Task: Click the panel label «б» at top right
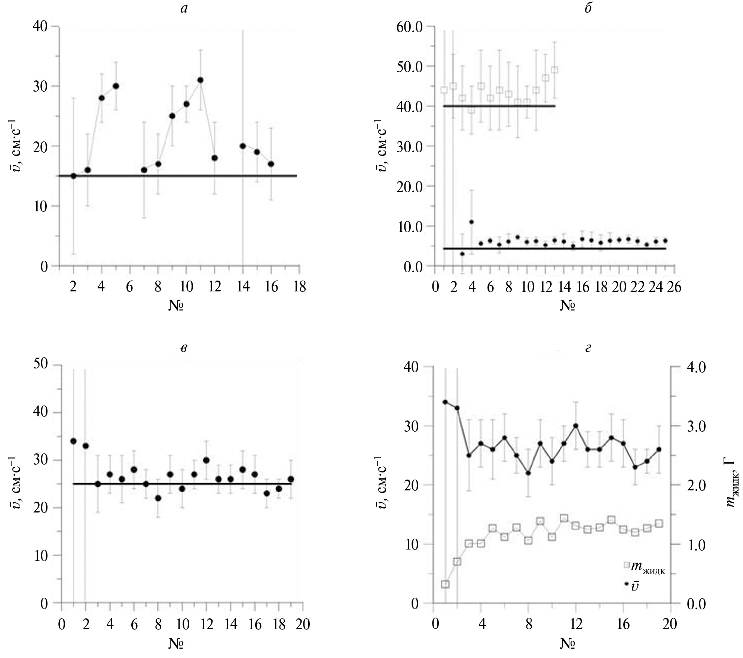pyautogui.click(x=588, y=8)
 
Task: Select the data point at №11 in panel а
pyautogui.click(x=200, y=80)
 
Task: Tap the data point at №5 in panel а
pyautogui.click(x=116, y=86)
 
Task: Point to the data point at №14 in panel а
pyautogui.click(x=243, y=146)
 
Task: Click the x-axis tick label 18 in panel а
pyautogui.click(x=300, y=287)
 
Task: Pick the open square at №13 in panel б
pyautogui.click(x=554, y=70)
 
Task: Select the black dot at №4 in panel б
pyautogui.click(x=472, y=222)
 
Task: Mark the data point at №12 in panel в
pyautogui.click(x=206, y=460)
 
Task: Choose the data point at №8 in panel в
pyautogui.click(x=158, y=498)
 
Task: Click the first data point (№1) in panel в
pyautogui.click(x=73, y=441)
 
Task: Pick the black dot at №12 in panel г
pyautogui.click(x=576, y=426)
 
